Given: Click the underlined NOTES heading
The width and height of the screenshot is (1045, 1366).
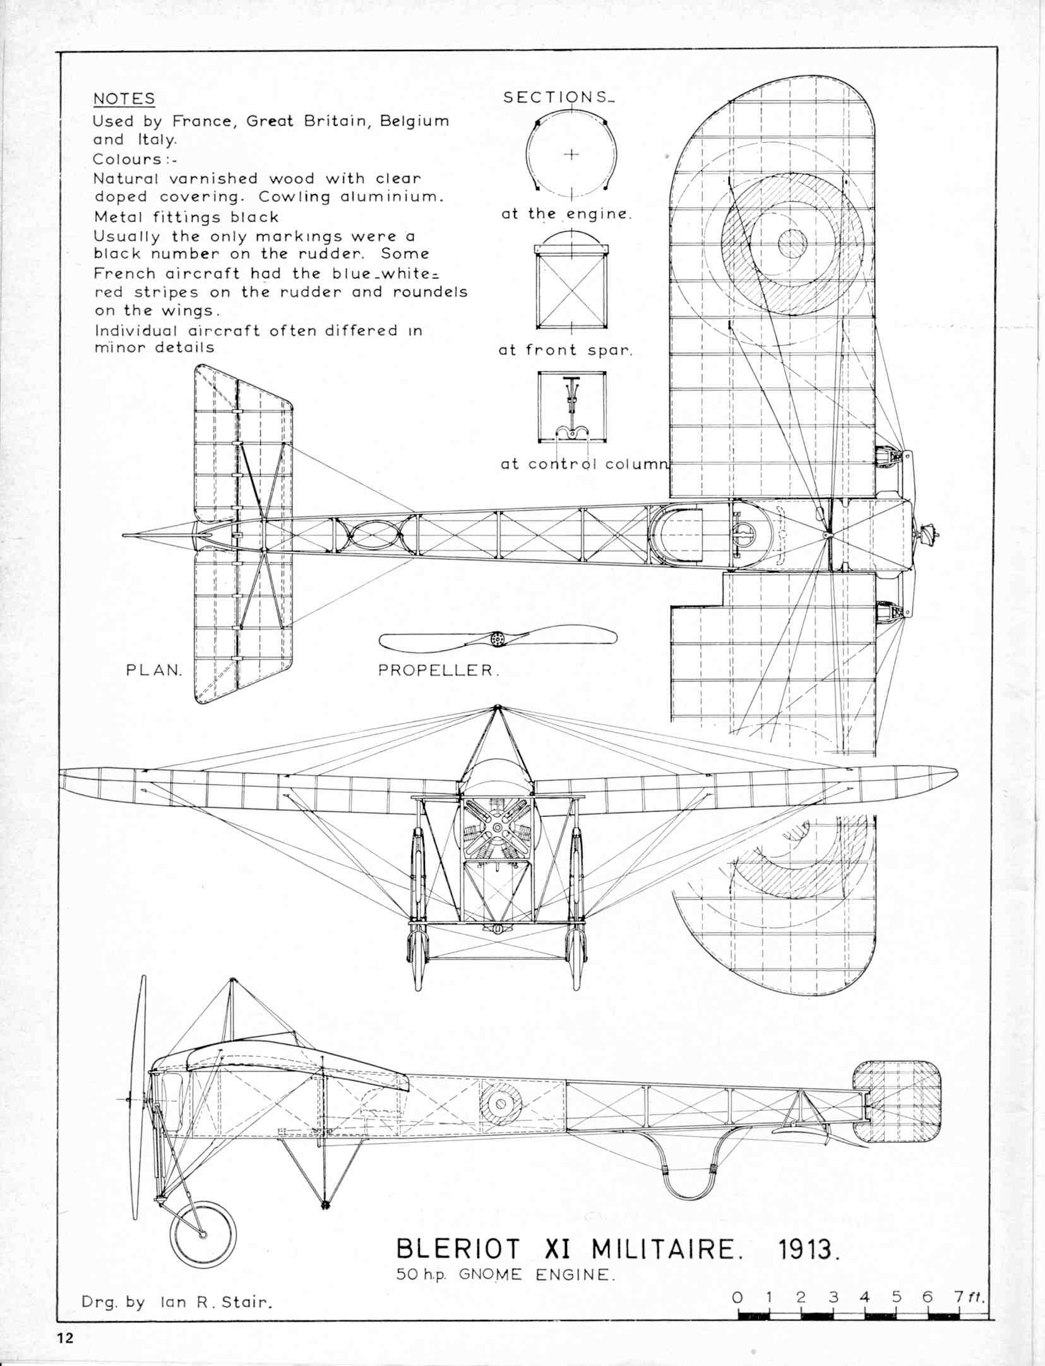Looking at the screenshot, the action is click(124, 99).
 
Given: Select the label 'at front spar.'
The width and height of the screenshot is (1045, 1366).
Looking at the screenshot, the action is click(565, 350).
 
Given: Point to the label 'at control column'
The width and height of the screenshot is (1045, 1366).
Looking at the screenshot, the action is click(583, 464).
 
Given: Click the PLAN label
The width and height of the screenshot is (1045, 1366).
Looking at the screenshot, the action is click(154, 670).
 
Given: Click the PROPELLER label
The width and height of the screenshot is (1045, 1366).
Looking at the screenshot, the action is click(438, 671).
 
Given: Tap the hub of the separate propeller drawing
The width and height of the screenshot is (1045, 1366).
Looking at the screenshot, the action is click(498, 640).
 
